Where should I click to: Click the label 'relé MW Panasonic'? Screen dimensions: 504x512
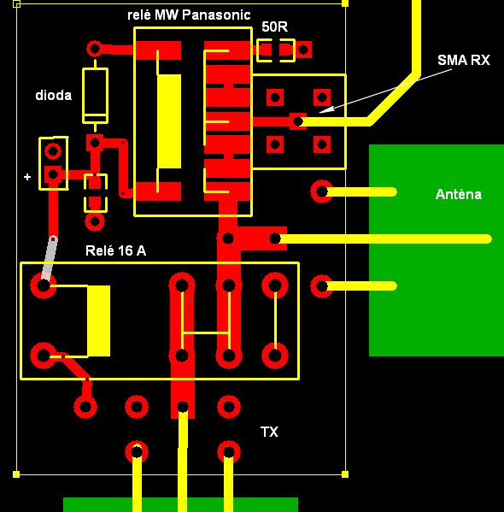pyautogui.click(x=189, y=15)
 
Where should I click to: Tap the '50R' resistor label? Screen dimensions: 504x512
pyautogui.click(x=274, y=26)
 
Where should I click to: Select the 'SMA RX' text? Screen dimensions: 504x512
pyautogui.click(x=464, y=60)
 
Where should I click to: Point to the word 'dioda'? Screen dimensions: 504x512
pyautogui.click(x=53, y=96)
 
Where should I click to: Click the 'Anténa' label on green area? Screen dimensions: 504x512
pyautogui.click(x=459, y=194)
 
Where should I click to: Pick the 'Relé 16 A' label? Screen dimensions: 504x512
pyautogui.click(x=115, y=250)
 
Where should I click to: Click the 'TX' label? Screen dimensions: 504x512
pyautogui.click(x=269, y=432)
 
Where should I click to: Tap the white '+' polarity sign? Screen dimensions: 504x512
pyautogui.click(x=27, y=177)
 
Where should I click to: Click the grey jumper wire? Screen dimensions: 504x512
pyautogui.click(x=50, y=258)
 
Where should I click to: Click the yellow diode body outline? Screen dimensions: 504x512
pyautogui.click(x=96, y=96)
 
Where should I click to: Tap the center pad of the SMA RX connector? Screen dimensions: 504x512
pyautogui.click(x=297, y=121)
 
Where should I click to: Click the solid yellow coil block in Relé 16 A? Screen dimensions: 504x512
pyautogui.click(x=98, y=321)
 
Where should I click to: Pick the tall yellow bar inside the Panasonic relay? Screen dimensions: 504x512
pyautogui.click(x=169, y=121)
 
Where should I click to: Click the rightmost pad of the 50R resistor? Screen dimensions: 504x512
pyautogui.click(x=303, y=50)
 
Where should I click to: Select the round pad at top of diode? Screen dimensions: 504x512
pyautogui.click(x=95, y=49)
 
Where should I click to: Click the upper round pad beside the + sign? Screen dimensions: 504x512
pyautogui.click(x=53, y=151)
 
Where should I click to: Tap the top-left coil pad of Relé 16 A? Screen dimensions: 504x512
pyautogui.click(x=44, y=285)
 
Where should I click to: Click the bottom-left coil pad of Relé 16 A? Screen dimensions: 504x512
pyautogui.click(x=44, y=356)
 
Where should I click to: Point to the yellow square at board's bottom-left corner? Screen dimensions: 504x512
pyautogui.click(x=16, y=474)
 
